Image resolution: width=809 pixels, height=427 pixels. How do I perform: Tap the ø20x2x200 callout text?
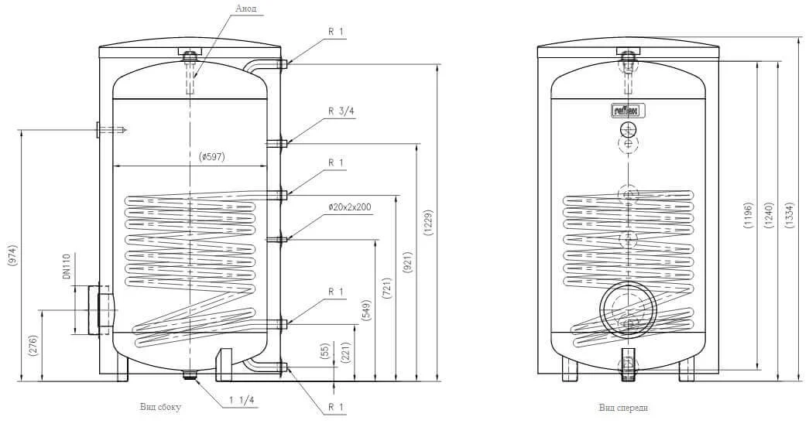click(x=350, y=207)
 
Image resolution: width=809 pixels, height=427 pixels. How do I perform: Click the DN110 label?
click(x=67, y=267)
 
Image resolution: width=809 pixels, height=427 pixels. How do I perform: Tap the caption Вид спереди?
click(x=622, y=408)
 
